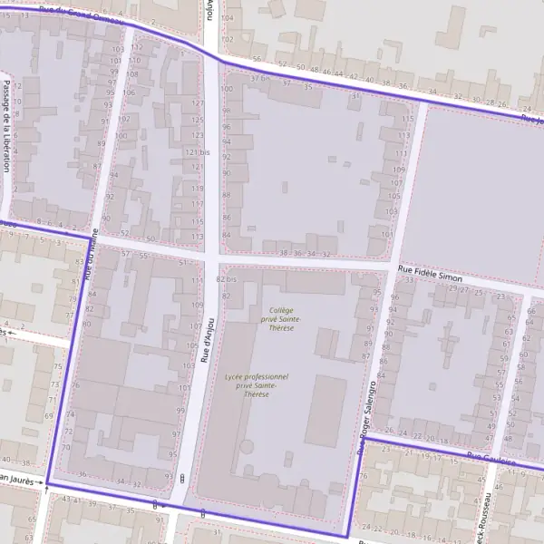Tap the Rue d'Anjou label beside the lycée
[208, 341]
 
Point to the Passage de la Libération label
[6, 126]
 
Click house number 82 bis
[226, 280]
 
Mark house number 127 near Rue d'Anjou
[198, 103]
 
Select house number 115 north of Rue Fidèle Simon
[409, 119]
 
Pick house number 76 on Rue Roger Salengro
[363, 476]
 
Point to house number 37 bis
[261, 77]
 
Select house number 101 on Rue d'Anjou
[185, 388]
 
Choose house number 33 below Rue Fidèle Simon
[409, 280]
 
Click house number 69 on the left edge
[48, 416]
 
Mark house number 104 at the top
[227, 18]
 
